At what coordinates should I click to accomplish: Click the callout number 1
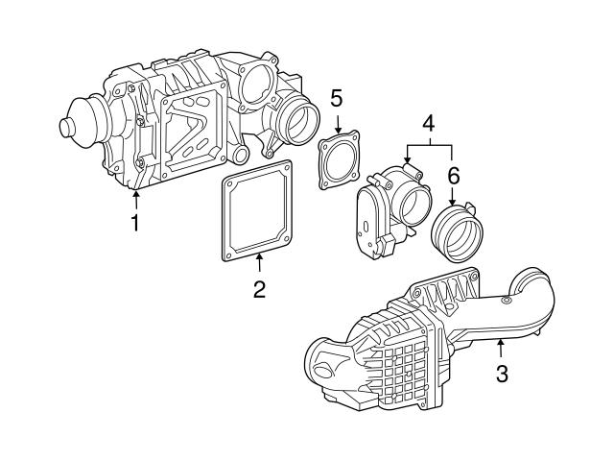pyautogui.click(x=135, y=223)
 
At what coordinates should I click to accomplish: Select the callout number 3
pyautogui.click(x=501, y=373)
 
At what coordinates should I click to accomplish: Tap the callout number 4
pyautogui.click(x=429, y=123)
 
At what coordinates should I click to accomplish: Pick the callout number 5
pyautogui.click(x=336, y=97)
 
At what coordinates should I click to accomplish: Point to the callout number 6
pyautogui.click(x=454, y=176)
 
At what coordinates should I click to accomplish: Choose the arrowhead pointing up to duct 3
pyautogui.click(x=501, y=341)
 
